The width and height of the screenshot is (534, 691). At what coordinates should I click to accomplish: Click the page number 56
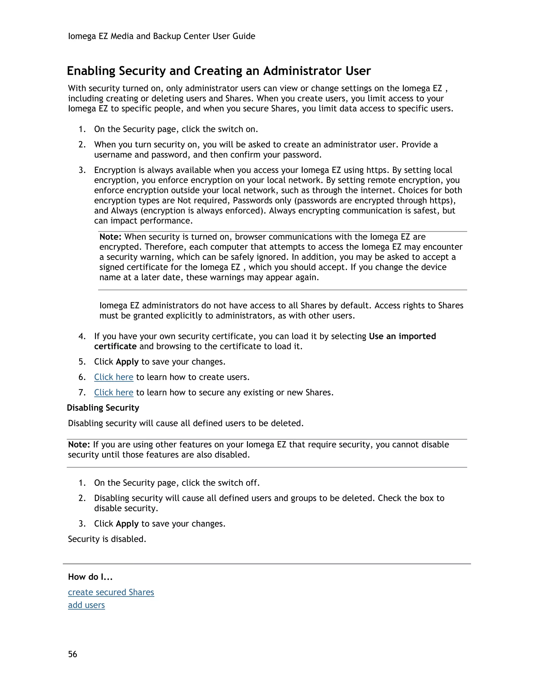[x=72, y=654]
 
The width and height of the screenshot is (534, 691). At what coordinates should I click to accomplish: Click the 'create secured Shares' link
[x=111, y=592]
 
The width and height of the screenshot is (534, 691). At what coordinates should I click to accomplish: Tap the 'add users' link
[x=86, y=605]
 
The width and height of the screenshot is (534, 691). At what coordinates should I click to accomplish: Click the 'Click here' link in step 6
[x=114, y=377]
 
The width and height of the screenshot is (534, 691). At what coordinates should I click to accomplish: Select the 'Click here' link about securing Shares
[x=114, y=392]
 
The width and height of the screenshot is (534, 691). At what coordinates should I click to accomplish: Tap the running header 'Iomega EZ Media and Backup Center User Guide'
[x=161, y=36]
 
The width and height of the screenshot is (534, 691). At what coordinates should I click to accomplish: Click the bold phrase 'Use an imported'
[x=402, y=336]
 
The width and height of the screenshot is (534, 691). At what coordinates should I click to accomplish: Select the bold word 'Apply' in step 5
[x=127, y=362]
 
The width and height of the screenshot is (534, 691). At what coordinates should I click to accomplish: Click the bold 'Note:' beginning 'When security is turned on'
[x=110, y=237]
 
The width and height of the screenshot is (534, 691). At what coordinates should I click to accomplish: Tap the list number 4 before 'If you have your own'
[x=82, y=336]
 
